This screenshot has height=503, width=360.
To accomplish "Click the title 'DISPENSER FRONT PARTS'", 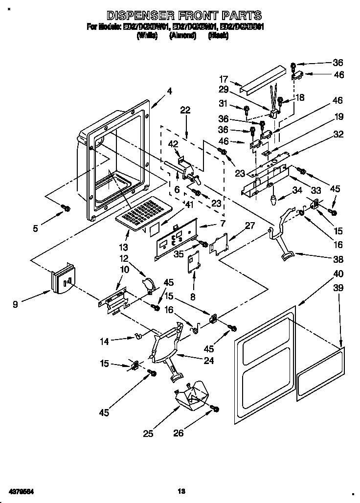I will coord(184,16).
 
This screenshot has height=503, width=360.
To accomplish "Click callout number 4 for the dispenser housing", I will coord(169,91).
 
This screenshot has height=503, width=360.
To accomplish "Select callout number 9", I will coord(16,304).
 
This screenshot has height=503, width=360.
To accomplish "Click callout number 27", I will coord(250,226).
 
